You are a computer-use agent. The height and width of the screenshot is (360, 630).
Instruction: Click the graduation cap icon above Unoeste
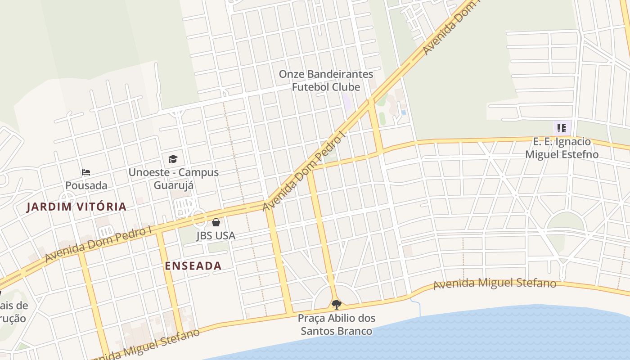coord(173,159)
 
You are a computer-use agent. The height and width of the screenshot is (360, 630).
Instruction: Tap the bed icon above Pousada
coord(86,172)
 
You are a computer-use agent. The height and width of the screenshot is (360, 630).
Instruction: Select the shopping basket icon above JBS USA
coord(216,222)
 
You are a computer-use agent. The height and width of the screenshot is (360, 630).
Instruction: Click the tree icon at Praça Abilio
coord(336,305)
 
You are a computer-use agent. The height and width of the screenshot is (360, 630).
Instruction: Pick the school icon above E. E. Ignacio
coord(561,128)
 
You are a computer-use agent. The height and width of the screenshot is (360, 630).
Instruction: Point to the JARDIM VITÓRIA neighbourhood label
coord(76,207)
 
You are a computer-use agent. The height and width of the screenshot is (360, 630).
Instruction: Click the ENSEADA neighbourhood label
coord(193,265)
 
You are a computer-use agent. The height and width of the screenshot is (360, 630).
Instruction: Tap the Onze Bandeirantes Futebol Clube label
coord(326,81)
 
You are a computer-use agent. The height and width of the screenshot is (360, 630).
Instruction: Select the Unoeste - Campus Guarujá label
coord(173,179)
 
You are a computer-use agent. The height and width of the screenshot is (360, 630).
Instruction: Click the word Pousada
coord(86,185)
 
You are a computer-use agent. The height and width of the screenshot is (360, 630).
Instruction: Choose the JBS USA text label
coord(216,235)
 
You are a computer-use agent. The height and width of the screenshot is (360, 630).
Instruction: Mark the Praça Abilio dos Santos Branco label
coord(337,324)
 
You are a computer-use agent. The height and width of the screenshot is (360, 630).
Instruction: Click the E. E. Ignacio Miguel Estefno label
coord(562,148)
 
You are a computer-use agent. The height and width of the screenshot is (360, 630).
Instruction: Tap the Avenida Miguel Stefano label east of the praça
coord(495,284)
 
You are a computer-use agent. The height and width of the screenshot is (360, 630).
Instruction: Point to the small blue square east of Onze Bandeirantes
coord(404,112)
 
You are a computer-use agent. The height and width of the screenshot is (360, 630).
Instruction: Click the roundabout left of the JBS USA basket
coord(199,219)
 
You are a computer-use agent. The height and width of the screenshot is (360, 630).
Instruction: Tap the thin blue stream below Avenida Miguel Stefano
coord(419,307)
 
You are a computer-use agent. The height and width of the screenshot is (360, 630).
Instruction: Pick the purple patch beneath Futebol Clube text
coord(346,101)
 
